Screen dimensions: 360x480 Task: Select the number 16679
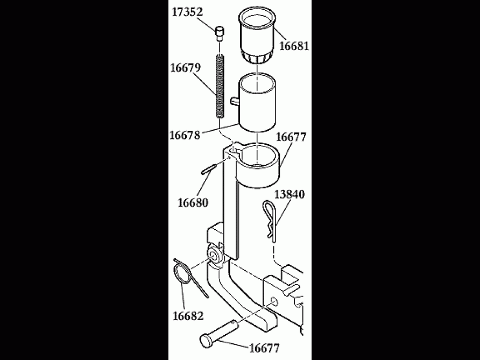[x=185, y=68]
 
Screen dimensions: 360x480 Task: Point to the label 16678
[x=185, y=136]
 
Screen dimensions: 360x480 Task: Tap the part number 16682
[x=187, y=315]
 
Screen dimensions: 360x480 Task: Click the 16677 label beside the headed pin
[x=264, y=348]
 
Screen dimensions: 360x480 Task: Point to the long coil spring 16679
[x=220, y=86]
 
